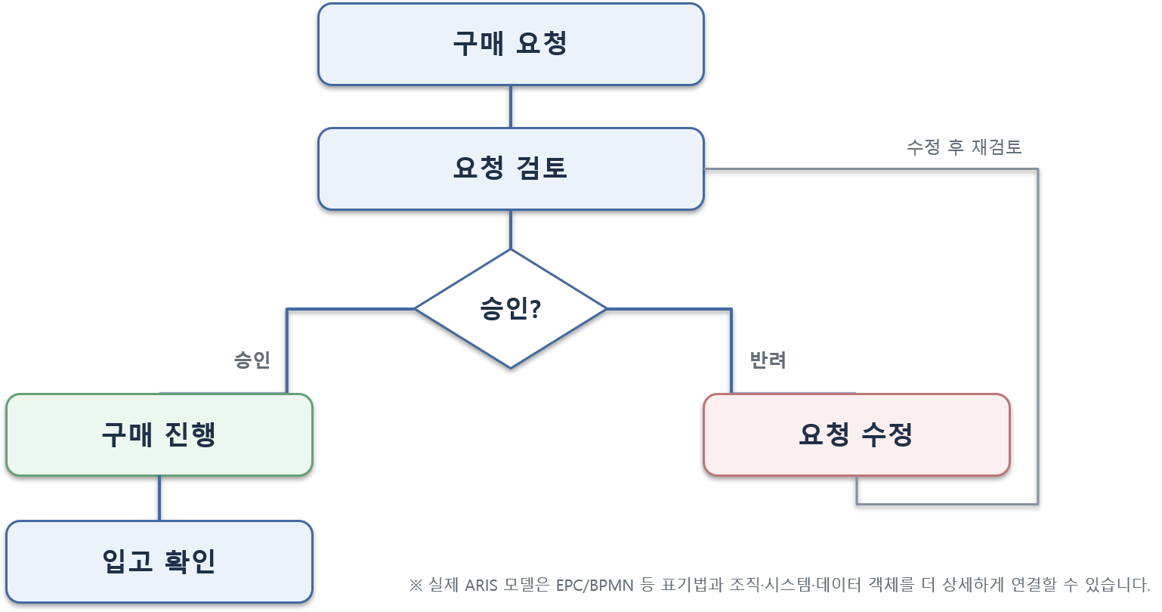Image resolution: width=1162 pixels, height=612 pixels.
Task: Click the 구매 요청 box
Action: [511, 44]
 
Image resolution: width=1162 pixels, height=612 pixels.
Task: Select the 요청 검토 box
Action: [511, 169]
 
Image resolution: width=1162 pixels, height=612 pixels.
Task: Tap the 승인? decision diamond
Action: [511, 309]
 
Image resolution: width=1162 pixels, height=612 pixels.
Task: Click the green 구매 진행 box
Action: [159, 434]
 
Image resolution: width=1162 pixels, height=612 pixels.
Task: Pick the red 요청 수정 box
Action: [857, 434]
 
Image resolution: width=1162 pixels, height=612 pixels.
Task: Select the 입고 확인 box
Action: [159, 561]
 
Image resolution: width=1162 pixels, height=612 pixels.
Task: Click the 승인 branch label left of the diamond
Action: [252, 360]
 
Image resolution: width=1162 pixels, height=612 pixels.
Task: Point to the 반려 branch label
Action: [768, 360]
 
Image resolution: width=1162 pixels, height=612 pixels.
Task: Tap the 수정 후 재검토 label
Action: [964, 147]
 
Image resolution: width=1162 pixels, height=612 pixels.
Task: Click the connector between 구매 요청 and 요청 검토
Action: [511, 107]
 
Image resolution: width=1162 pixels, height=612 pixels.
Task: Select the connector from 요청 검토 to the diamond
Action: [511, 230]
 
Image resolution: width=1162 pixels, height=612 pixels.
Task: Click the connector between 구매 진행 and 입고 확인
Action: [159, 499]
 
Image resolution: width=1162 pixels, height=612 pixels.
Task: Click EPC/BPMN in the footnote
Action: [595, 586]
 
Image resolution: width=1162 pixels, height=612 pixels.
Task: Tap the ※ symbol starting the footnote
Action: [416, 586]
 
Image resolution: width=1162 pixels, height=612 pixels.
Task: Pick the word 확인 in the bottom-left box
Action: [190, 561]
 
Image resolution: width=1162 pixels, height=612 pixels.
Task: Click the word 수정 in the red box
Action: [887, 434]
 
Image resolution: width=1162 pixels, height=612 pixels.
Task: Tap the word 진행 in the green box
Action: [190, 434]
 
